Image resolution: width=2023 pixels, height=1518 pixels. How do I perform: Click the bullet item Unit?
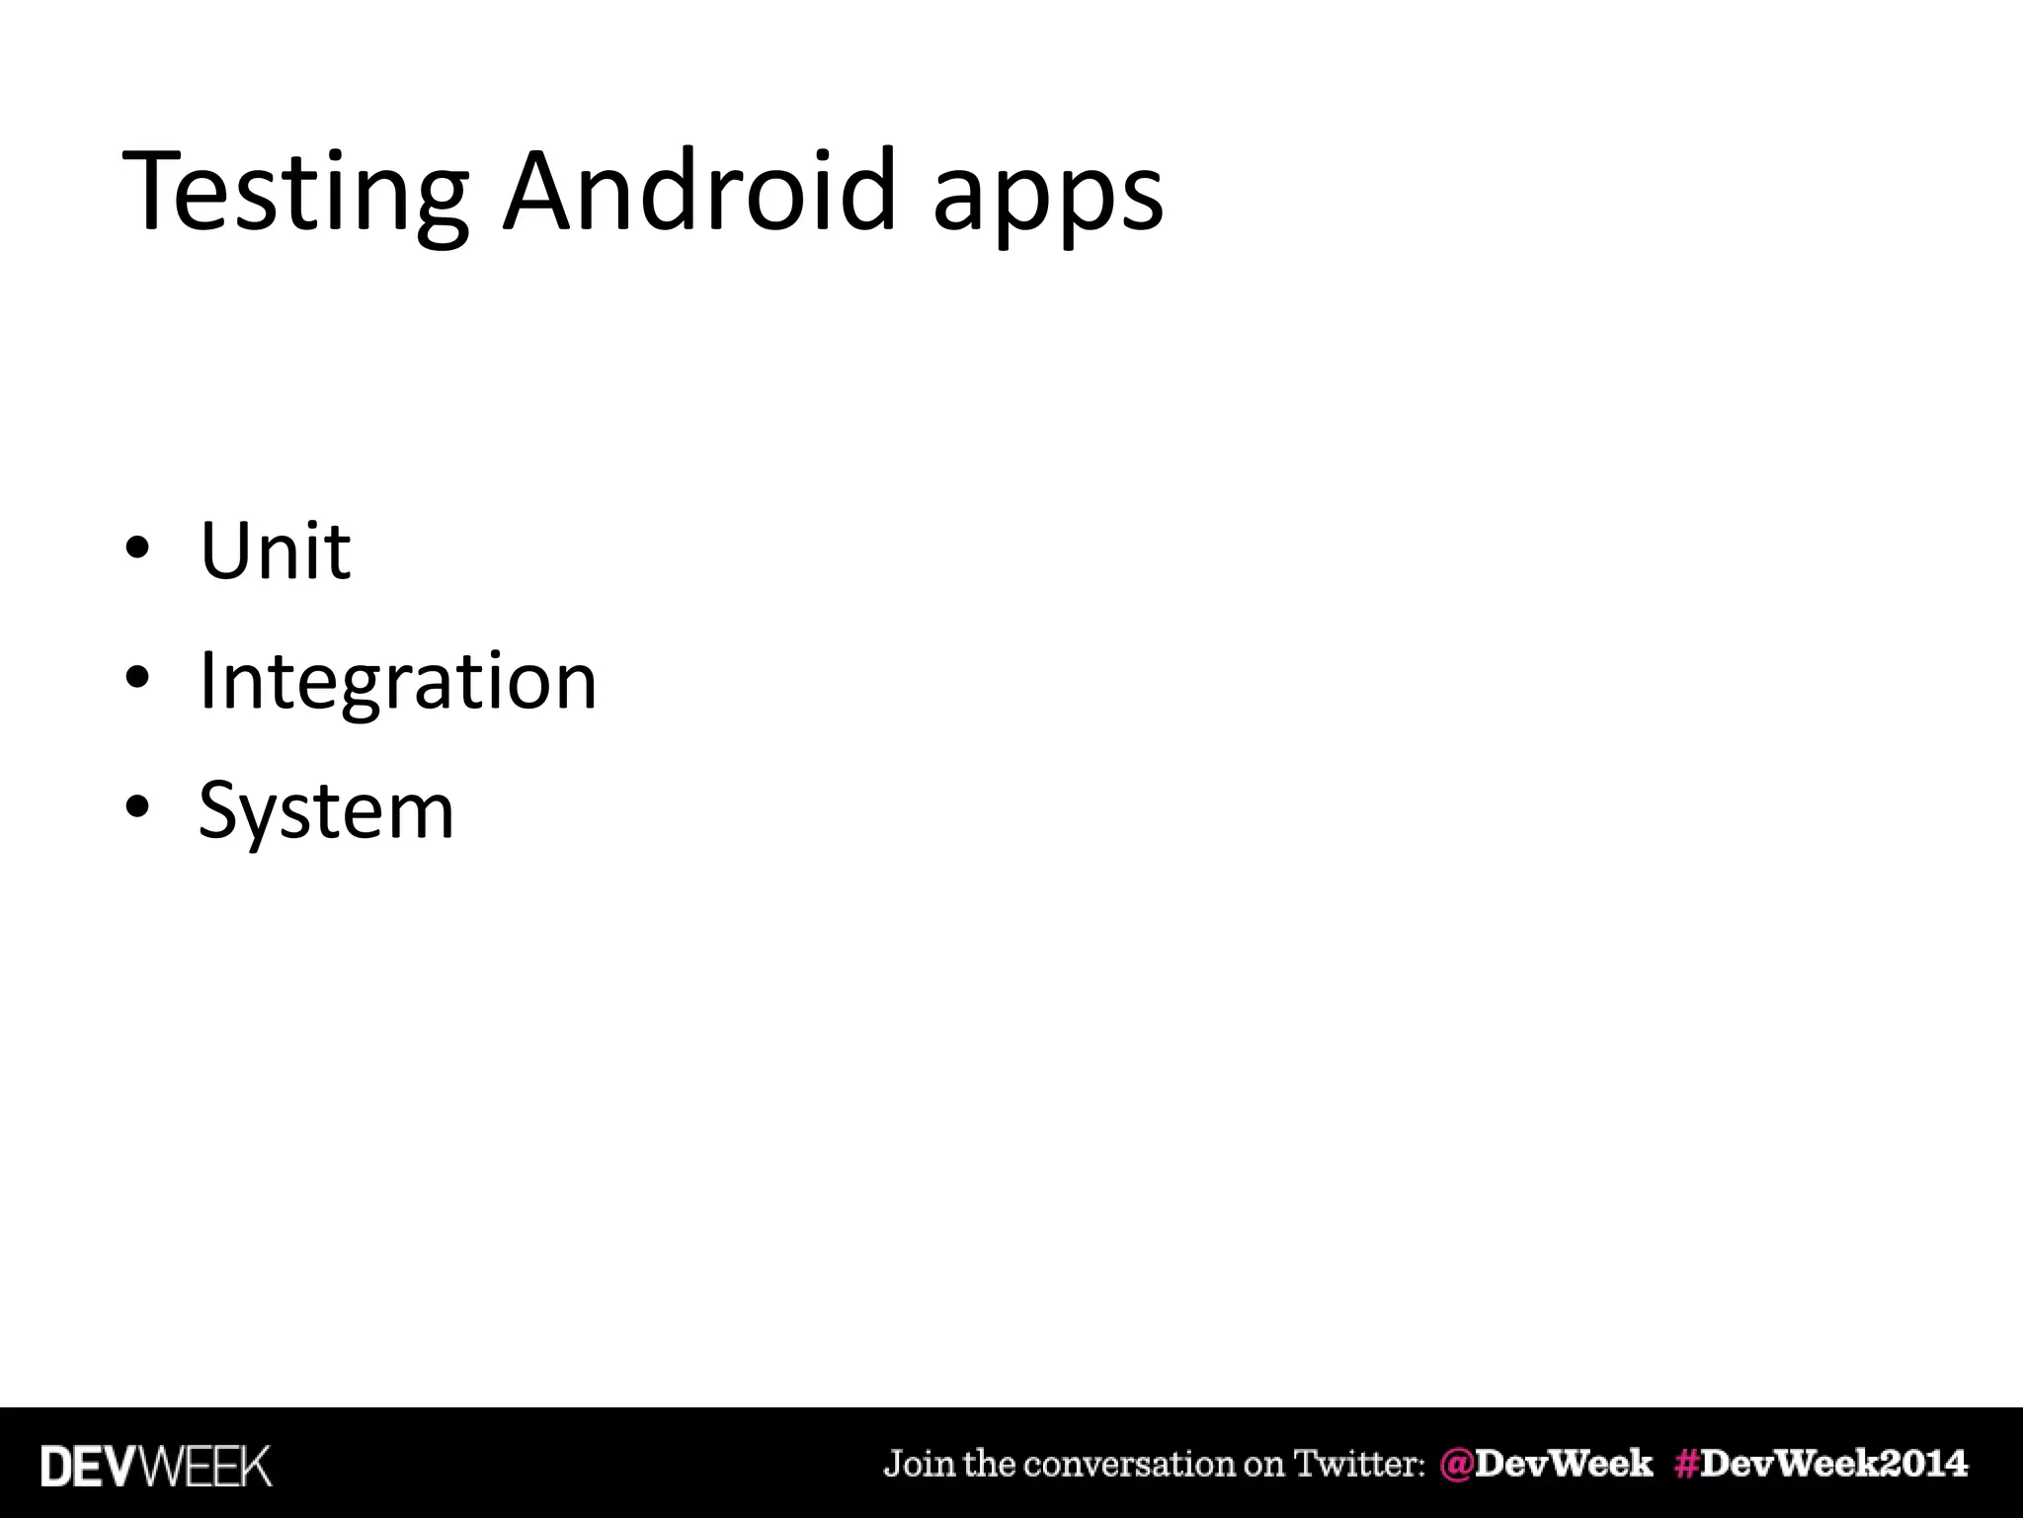coord(275,550)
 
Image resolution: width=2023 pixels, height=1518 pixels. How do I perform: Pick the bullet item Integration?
coord(398,682)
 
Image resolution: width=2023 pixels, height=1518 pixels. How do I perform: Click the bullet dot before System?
coord(137,807)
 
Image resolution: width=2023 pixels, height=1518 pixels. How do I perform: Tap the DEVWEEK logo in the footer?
coord(156,1465)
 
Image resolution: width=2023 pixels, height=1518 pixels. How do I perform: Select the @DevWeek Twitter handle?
coord(1547,1463)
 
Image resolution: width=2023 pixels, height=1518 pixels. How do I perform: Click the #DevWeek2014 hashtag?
coord(1821,1463)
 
